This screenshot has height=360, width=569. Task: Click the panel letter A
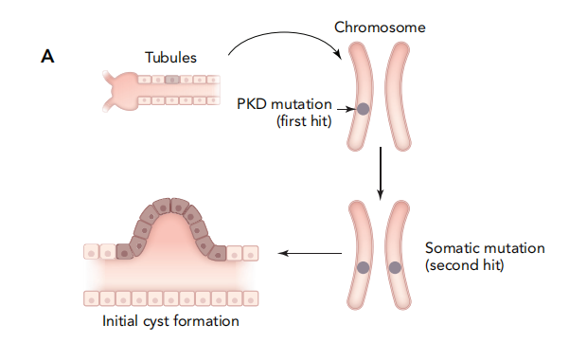47,57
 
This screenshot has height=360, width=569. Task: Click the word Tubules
170,57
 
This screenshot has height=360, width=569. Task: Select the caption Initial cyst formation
170,321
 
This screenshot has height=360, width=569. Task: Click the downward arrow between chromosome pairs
380,171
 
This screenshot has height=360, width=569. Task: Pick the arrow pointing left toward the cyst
312,253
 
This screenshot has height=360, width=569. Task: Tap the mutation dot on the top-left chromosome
363,110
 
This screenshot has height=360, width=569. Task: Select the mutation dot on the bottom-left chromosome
363,267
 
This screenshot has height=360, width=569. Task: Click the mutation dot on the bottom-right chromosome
395,267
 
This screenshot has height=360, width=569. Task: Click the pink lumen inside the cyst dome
170,242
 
